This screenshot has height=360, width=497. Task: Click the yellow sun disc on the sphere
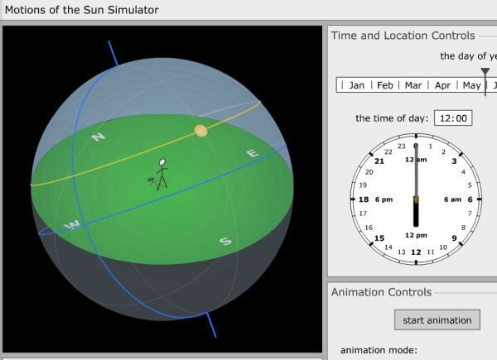[x=201, y=131]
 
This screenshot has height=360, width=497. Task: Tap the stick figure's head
[x=162, y=162]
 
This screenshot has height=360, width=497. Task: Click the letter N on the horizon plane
[x=99, y=137]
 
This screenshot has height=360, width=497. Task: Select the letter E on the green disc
[x=253, y=153]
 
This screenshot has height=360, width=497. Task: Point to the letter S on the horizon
[x=225, y=242]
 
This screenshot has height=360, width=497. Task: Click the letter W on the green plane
[x=72, y=225]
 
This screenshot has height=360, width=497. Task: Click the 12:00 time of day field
[x=453, y=118]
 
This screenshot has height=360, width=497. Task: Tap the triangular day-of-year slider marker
[x=485, y=71]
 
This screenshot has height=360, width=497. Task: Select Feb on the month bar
[x=385, y=85]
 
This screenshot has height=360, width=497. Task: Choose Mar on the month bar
[x=413, y=85]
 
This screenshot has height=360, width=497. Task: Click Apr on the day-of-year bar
[x=442, y=85]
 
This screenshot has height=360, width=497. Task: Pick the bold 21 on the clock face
[x=379, y=161]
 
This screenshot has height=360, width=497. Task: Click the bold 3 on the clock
[x=454, y=161]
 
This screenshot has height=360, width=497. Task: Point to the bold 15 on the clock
[x=379, y=238]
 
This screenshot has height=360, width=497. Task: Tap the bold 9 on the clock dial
[x=454, y=238]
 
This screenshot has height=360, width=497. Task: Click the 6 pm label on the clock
[x=384, y=199]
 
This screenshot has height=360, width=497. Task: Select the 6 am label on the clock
[x=452, y=199]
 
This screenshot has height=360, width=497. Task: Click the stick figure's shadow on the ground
[x=152, y=180]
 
